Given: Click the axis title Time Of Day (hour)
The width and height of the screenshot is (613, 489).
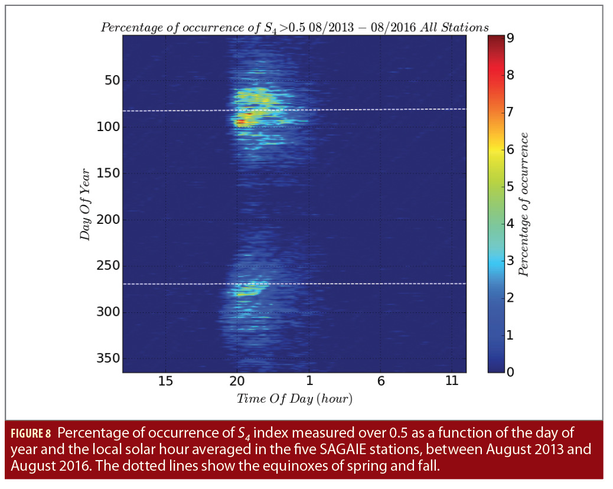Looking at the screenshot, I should point(294,399).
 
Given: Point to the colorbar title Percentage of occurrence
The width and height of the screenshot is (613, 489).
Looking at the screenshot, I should point(523,204).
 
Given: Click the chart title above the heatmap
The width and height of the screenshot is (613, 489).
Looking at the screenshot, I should point(294,27).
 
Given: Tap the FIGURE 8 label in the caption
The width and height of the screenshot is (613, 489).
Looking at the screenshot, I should point(30,433).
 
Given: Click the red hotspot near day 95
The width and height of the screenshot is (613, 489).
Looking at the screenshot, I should point(239,122).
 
